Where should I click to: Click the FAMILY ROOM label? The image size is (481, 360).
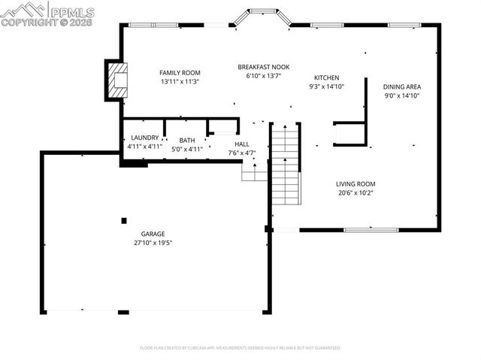[x=179, y=72]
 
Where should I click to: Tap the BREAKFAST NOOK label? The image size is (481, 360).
[x=263, y=67]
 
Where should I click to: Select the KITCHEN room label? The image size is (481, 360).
[x=326, y=77]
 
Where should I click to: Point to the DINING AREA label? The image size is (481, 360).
[x=401, y=86]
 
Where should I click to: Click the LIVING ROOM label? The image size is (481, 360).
[x=355, y=183]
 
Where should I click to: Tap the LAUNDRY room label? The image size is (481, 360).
[x=144, y=138]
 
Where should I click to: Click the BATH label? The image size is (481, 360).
[x=187, y=140]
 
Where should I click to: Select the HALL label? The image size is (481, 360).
[x=241, y=144]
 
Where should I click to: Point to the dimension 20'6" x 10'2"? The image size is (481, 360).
[x=355, y=192]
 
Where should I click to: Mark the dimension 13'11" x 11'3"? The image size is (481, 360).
[x=179, y=81]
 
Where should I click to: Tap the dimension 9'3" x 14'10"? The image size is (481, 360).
[x=326, y=86]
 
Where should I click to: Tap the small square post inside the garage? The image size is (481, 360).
[x=124, y=220]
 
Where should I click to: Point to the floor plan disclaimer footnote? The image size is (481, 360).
[x=240, y=348]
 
